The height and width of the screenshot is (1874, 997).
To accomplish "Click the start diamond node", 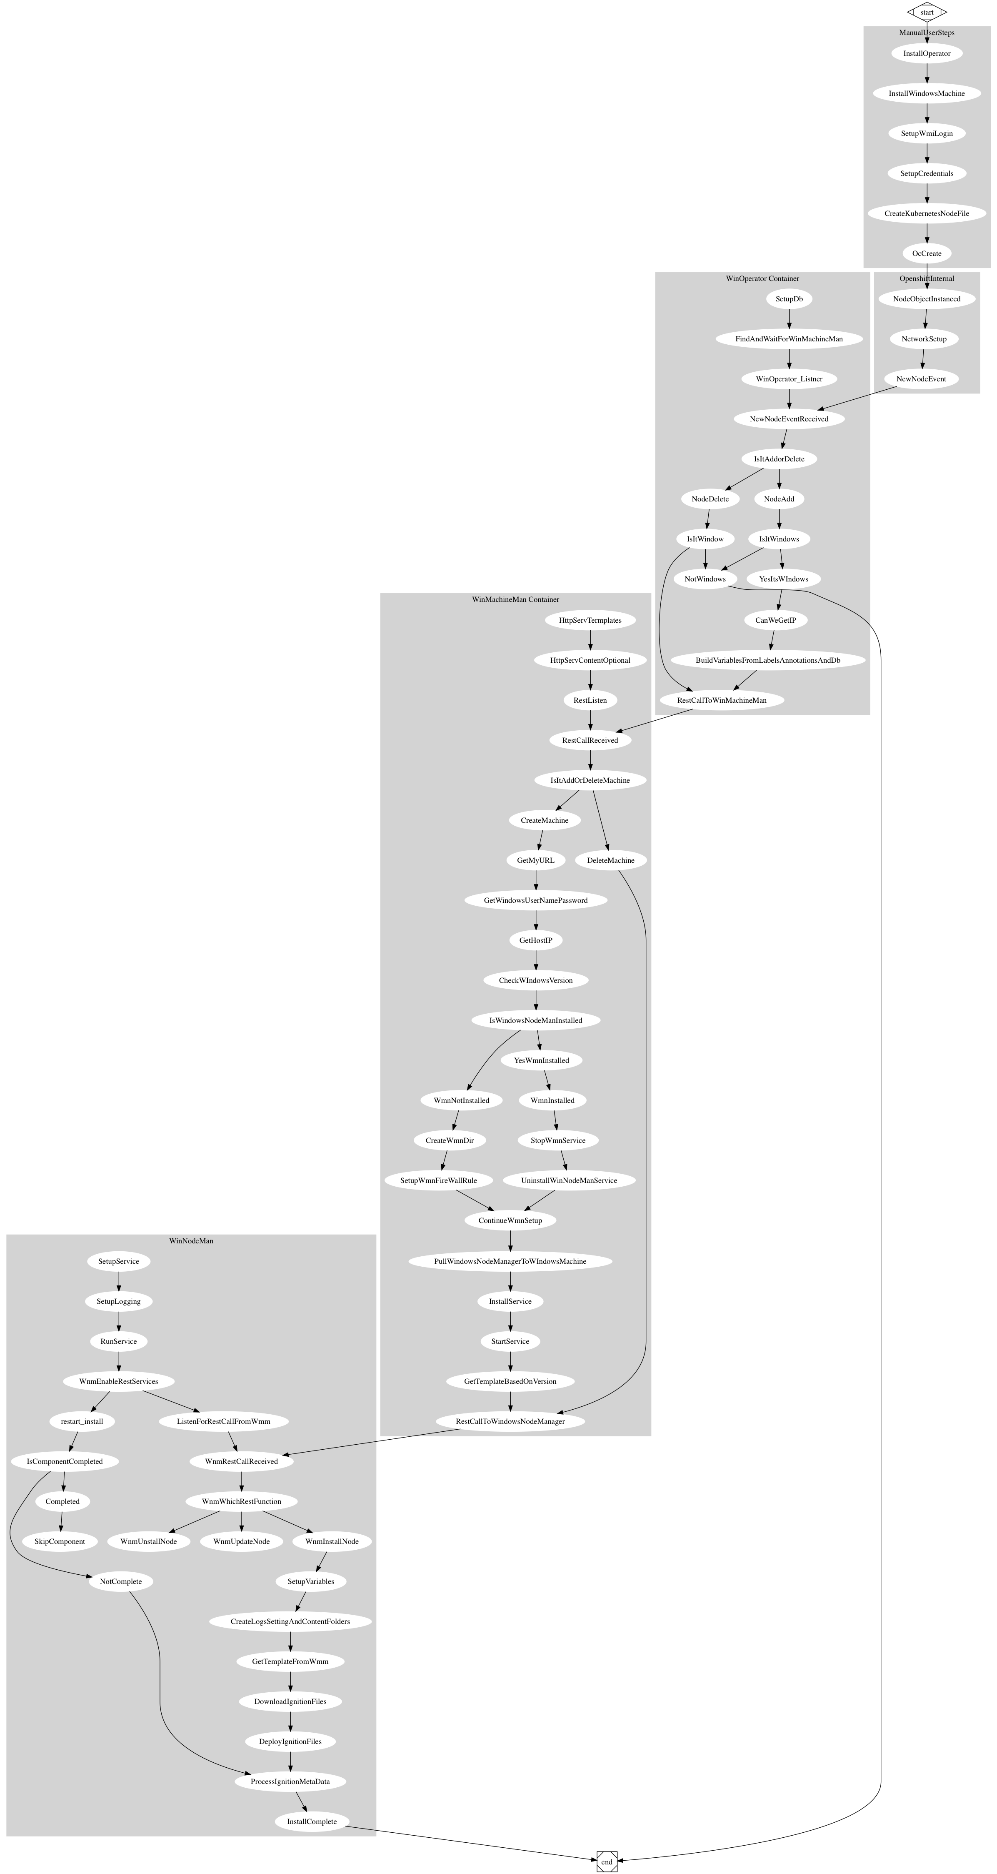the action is [927, 13].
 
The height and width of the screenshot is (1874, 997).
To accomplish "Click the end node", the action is [607, 1861].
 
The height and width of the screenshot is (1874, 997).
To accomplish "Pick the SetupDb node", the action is [789, 299].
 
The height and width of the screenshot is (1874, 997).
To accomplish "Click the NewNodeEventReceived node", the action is [789, 419].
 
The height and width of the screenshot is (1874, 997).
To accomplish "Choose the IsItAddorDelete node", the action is [779, 459].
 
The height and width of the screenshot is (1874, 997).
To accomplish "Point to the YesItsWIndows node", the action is [783, 579].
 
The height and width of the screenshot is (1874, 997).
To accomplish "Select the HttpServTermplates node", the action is [590, 621].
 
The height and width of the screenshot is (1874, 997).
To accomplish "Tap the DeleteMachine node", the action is [610, 861].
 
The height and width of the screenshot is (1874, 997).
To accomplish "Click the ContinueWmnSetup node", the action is [510, 1221].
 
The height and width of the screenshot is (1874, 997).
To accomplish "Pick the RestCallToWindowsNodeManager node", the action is [510, 1421].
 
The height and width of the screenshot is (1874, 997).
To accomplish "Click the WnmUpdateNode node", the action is [241, 1541].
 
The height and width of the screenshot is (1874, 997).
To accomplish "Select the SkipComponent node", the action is [60, 1541].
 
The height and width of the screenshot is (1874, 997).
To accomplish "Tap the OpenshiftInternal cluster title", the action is [927, 278].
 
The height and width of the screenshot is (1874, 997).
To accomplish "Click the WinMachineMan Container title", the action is [516, 599].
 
